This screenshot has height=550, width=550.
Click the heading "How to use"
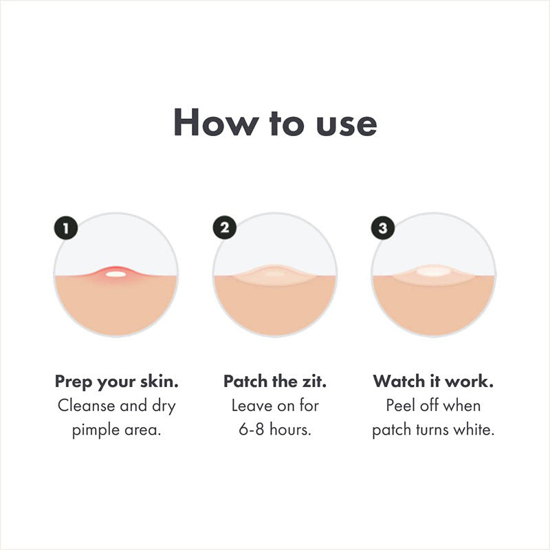pyautogui.click(x=275, y=123)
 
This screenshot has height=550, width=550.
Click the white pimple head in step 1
pyautogui.click(x=116, y=274)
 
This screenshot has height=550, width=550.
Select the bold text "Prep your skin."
pyautogui.click(x=116, y=381)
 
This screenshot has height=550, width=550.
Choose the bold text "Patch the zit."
pyautogui.click(x=275, y=381)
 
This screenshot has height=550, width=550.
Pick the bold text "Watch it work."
pyautogui.click(x=433, y=381)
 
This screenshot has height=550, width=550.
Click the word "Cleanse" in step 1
pyautogui.click(x=84, y=406)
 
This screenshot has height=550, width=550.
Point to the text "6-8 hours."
pyautogui.click(x=275, y=430)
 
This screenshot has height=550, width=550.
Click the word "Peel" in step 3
pyautogui.click(x=401, y=406)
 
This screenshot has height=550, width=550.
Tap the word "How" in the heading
pyautogui.click(x=207, y=123)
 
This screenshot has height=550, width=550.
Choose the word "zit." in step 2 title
pyautogui.click(x=312, y=381)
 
